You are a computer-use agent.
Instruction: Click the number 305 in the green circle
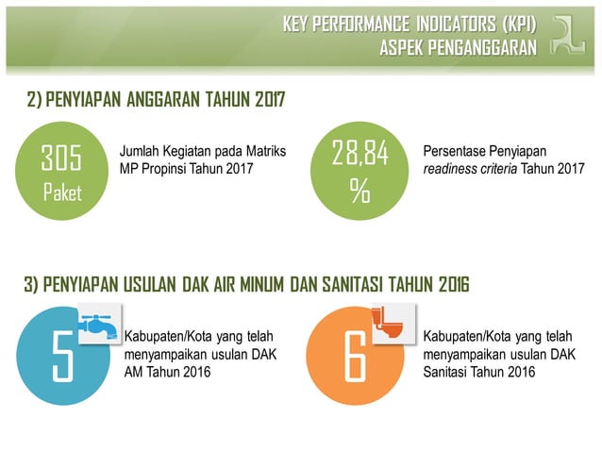point(61,158)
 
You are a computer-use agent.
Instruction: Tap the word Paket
point(61,193)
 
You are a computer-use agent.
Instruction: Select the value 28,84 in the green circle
point(360,154)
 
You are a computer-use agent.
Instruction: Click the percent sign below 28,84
point(360,192)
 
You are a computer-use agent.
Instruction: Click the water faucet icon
point(98,325)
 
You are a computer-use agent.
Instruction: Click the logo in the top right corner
point(572,35)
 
